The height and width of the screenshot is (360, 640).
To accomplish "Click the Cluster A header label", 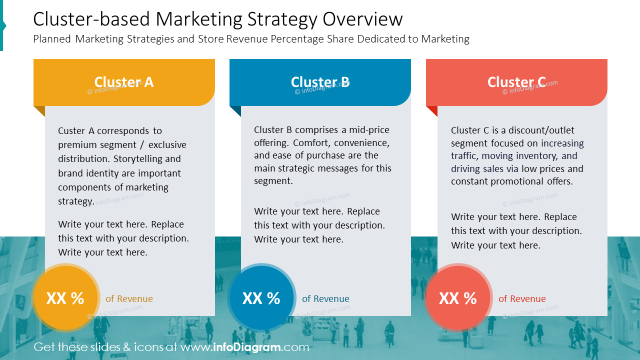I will pos(124,82).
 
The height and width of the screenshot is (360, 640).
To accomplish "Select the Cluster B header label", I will pos(320,82).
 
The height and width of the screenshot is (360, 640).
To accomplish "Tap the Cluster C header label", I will pos(516,82).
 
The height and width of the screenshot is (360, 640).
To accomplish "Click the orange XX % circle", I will pos(65,298).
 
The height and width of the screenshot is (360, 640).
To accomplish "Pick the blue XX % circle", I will pos(261,298).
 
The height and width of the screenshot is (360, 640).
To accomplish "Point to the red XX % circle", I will pos(458,298).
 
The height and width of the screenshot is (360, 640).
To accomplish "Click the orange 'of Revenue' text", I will pos(129,299).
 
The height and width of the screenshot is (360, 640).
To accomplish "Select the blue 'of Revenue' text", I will pos(325,299).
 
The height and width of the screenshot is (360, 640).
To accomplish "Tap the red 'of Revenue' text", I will pos(522,299).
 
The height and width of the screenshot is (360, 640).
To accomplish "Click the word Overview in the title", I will pos(362,19).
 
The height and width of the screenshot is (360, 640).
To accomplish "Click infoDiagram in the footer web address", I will pos(246,347).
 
